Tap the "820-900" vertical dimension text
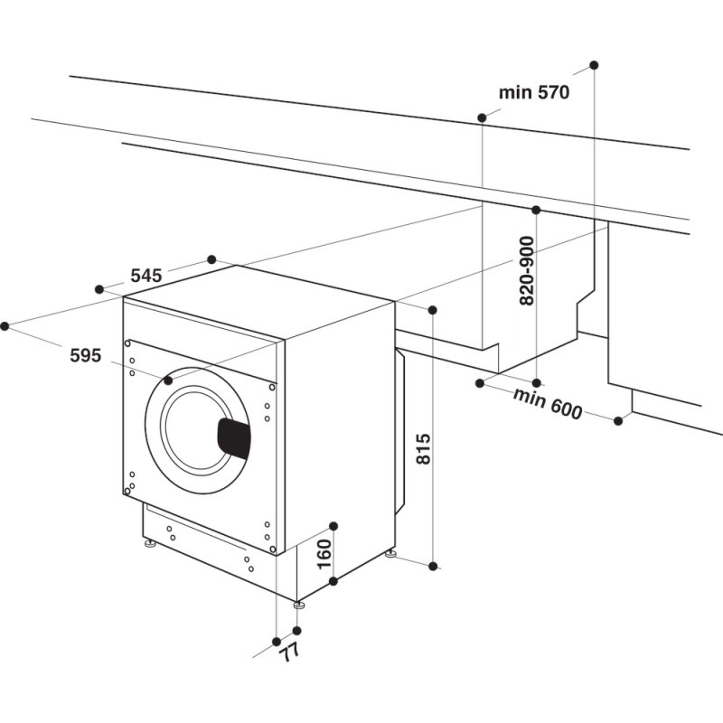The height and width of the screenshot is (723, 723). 527,271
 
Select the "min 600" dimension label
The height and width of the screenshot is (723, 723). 548,403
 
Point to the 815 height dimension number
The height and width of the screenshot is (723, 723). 426,448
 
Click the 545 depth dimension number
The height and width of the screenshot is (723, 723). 146,276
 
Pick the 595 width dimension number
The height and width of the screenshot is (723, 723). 85,355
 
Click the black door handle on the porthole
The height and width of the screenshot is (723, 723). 233,437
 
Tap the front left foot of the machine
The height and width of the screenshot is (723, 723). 147,545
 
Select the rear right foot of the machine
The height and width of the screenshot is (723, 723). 390,553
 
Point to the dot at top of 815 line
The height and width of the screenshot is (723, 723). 433,310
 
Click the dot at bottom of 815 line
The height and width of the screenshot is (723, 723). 433,567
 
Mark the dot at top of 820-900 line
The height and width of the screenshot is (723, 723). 536,211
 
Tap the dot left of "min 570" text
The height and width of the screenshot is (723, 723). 482,117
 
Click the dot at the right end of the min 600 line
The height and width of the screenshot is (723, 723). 619,420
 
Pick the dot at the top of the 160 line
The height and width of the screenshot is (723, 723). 333,525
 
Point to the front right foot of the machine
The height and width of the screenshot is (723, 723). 297,602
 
